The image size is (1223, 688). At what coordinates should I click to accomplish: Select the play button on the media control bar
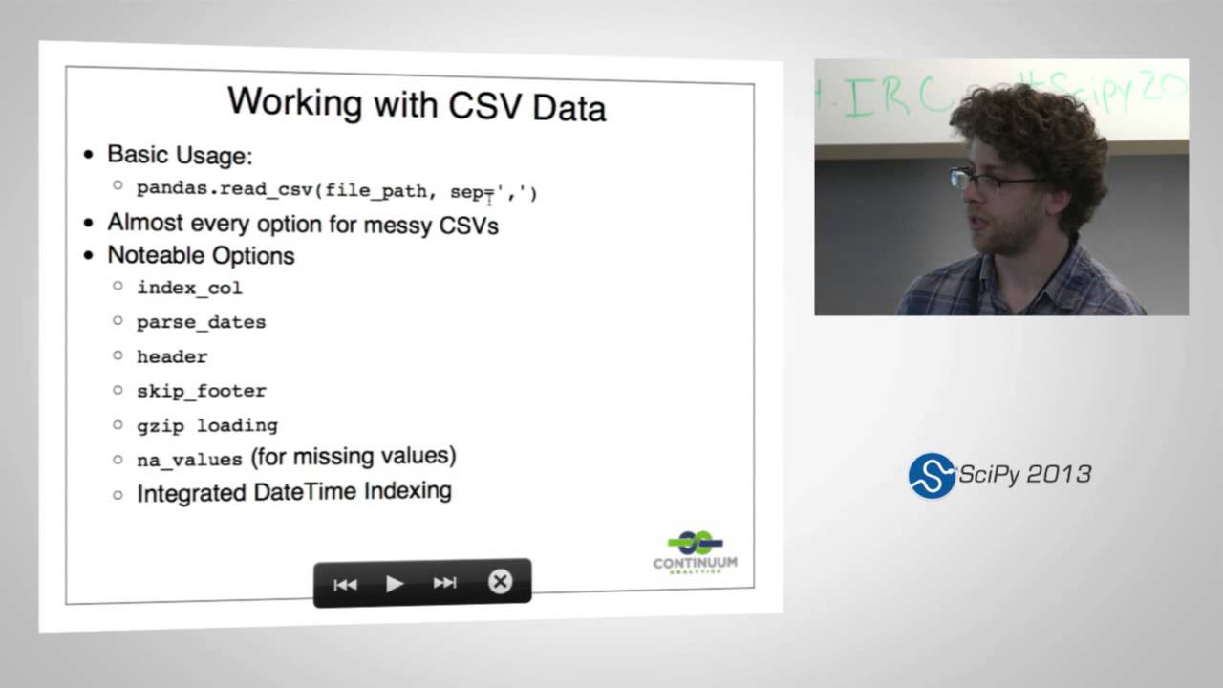pos(395,583)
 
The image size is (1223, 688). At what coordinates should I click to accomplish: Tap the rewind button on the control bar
pos(345,584)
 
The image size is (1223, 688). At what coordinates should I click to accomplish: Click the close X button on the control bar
pos(500,582)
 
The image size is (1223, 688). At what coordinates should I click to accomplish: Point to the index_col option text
pos(189,288)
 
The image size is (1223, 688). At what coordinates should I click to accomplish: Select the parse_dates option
pos(201,322)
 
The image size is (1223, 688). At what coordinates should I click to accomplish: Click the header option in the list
pos(172,356)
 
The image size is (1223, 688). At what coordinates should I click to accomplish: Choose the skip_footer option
pos(201,391)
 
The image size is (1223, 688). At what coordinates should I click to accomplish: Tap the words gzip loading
pos(206,425)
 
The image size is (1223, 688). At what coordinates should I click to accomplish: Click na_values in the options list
pos(189,460)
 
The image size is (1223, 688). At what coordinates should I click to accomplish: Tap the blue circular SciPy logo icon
pos(932,475)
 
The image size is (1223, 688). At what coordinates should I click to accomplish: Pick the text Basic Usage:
pos(180,155)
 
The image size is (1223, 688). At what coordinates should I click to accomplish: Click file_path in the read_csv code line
pos(375,191)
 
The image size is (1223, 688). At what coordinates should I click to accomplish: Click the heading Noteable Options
pos(201,256)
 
